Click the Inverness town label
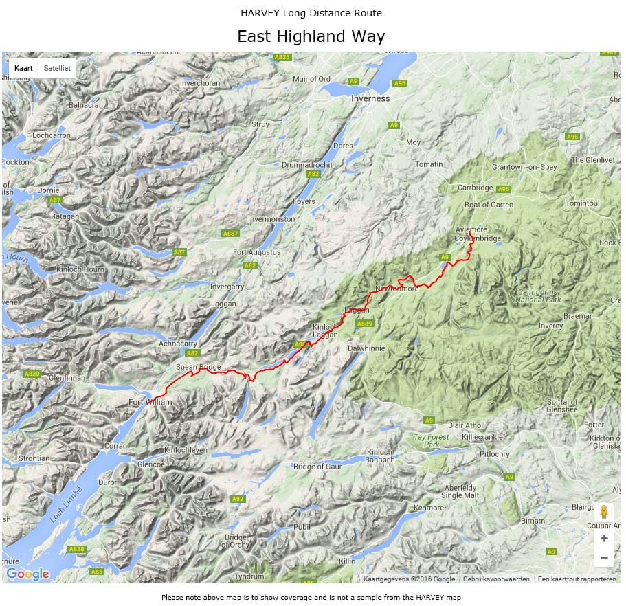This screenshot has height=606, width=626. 370,98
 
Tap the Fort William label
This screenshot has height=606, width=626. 150,402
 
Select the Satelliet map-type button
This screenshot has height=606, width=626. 57,69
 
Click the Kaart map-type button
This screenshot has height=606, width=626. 23,69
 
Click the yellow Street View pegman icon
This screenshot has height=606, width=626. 604,513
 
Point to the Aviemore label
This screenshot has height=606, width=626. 471,229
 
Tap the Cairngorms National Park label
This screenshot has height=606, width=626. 539,296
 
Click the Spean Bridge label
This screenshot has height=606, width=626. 199,367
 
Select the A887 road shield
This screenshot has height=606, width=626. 231,234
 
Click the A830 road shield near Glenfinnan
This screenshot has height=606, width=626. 32,374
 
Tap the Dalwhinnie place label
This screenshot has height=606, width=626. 366,348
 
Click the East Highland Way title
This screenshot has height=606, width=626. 311,36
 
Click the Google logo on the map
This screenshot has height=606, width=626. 27,574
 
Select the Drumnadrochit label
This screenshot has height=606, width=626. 307,166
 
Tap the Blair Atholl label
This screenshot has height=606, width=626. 466,425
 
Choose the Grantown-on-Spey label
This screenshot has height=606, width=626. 524,167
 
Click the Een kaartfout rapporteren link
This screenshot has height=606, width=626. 577,579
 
